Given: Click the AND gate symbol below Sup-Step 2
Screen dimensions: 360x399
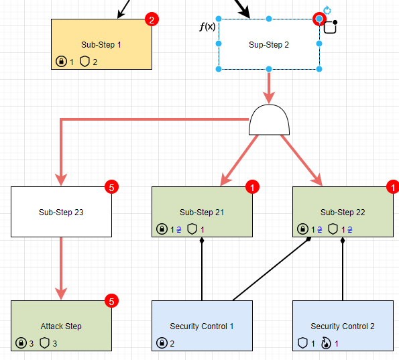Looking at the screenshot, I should (x=270, y=121).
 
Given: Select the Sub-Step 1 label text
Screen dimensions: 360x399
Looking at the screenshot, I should (x=101, y=45).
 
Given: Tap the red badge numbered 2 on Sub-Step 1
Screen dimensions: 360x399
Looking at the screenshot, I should (x=152, y=19).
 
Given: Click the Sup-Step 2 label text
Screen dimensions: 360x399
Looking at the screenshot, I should (x=269, y=45).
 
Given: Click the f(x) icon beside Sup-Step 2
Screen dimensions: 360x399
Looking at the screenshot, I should (x=207, y=27).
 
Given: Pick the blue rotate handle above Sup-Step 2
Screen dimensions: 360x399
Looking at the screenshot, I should (x=327, y=10).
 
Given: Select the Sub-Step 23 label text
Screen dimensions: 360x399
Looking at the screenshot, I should (x=61, y=213).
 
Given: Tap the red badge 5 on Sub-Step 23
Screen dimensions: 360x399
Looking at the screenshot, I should (x=112, y=187).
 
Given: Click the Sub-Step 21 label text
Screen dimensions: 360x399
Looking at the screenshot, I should (x=202, y=213).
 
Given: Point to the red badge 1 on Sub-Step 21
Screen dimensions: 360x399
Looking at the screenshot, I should (x=253, y=187).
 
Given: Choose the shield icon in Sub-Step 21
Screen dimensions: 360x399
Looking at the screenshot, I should (x=192, y=229).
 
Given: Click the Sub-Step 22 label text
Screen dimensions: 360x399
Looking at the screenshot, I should (x=343, y=213).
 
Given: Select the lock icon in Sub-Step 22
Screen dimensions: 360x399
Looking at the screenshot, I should (x=302, y=229).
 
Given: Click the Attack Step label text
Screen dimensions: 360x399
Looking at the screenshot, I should (x=61, y=326).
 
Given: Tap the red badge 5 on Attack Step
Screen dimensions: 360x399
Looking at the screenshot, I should (x=112, y=301).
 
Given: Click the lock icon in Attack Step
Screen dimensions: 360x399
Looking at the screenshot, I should (x=21, y=343).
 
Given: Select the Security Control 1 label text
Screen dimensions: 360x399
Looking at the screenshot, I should (x=202, y=326).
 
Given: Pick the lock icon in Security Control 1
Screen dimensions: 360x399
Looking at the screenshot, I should (x=162, y=343).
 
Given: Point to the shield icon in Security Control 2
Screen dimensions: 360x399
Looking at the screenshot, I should (x=302, y=343).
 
